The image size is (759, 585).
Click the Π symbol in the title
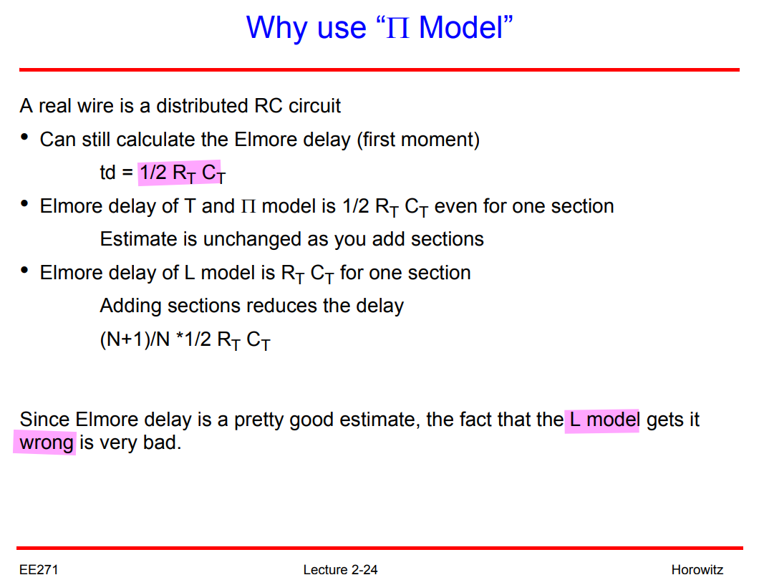(x=398, y=28)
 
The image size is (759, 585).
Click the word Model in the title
(x=461, y=27)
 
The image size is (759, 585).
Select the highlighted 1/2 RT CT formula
(x=183, y=173)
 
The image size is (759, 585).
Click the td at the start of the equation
(x=108, y=173)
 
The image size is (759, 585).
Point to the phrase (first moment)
(x=418, y=140)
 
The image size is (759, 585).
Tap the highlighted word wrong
(x=47, y=443)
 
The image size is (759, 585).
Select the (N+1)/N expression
(x=135, y=339)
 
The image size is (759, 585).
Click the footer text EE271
(x=39, y=569)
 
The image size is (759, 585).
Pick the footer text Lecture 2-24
(x=340, y=569)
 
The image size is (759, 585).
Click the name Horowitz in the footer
(x=697, y=569)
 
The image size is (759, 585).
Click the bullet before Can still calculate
(x=24, y=137)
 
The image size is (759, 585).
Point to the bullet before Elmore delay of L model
(x=24, y=270)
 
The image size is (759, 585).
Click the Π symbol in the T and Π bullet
(x=248, y=207)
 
